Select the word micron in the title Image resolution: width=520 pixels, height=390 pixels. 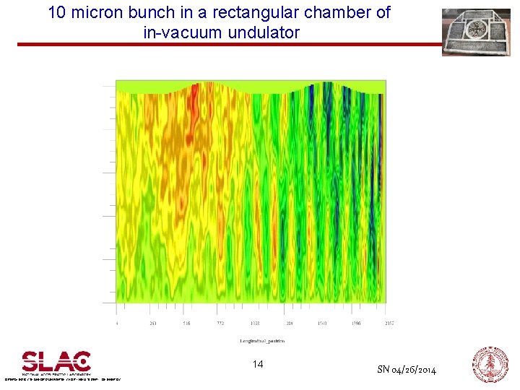(100, 12)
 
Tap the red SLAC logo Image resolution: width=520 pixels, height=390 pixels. (56, 361)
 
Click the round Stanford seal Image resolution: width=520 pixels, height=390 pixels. (490, 363)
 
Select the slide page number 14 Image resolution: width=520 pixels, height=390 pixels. (258, 364)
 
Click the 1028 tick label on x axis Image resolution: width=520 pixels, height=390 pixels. (254, 324)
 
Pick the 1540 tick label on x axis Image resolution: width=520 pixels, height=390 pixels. (322, 324)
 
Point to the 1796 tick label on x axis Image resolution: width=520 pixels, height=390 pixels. (356, 324)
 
